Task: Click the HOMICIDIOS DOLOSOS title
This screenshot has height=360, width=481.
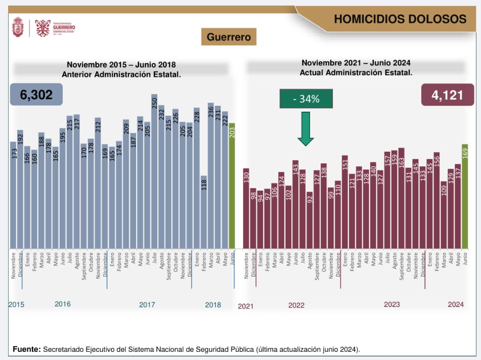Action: [x=400, y=19]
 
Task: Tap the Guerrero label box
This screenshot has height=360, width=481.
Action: [x=229, y=37]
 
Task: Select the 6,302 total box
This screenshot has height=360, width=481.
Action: [x=36, y=95]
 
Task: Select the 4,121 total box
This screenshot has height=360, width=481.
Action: [x=444, y=95]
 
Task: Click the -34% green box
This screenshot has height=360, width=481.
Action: [x=306, y=99]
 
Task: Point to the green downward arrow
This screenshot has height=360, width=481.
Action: [x=305, y=129]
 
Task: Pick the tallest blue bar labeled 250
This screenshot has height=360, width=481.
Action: [x=154, y=172]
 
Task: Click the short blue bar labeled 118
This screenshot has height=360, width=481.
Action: [x=204, y=212]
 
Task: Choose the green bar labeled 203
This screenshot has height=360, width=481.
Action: [x=232, y=186]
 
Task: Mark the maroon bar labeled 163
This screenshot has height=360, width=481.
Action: [x=401, y=198]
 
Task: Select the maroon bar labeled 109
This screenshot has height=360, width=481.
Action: [x=444, y=215]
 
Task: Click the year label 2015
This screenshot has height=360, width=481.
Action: [x=17, y=305]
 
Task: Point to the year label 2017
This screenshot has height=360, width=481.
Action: [x=147, y=305]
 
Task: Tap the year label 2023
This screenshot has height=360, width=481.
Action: [x=391, y=304]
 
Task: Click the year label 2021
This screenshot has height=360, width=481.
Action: [x=245, y=306]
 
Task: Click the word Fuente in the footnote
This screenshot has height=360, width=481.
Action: [x=26, y=349]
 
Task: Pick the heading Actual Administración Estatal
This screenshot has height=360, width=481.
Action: [x=356, y=72]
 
